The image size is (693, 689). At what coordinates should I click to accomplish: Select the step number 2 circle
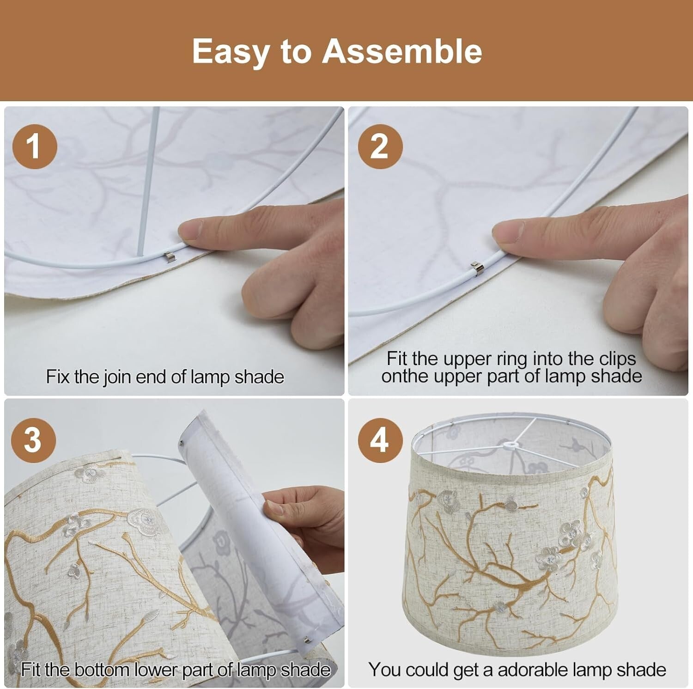380,147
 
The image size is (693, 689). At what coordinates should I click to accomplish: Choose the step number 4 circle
380,440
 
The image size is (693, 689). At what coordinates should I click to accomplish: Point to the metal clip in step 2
476,268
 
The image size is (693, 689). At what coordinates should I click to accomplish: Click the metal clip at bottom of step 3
306,640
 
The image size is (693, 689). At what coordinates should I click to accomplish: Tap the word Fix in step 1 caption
58,377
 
